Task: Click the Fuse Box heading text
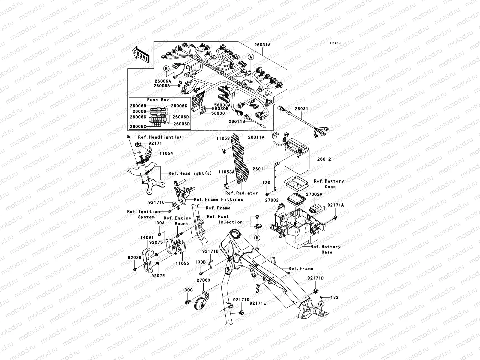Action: coord(158,100)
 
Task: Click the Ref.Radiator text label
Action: coord(241,193)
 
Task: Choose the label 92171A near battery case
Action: coord(335,205)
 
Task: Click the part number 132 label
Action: coord(334,297)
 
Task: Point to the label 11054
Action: coord(166,153)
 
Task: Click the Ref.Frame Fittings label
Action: coord(218,199)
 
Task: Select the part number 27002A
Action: coord(314,194)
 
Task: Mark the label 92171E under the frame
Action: coord(258,303)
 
